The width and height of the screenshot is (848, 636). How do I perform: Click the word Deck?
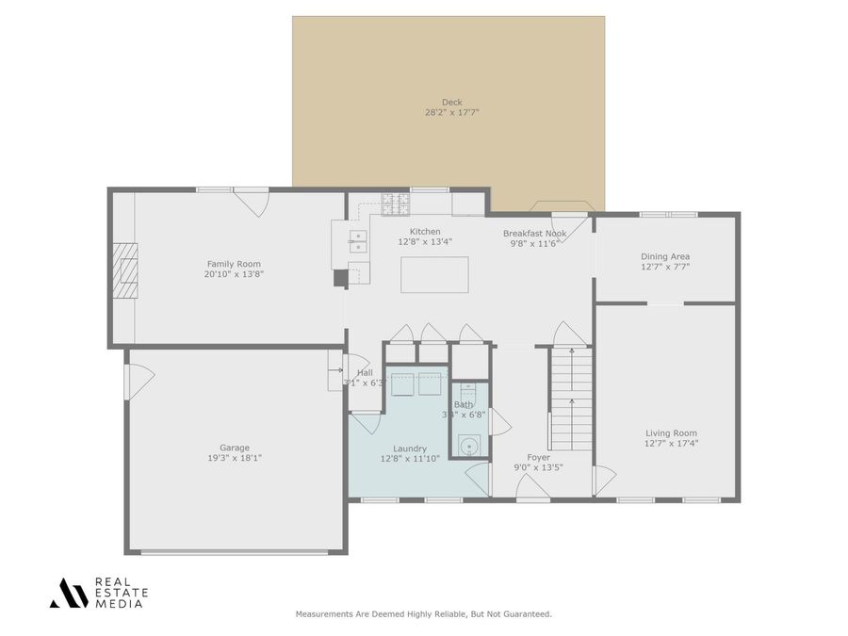(451, 103)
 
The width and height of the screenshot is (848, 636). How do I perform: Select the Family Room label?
(234, 264)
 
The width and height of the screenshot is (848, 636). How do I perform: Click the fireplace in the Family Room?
(126, 270)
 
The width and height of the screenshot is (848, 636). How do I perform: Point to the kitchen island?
(433, 274)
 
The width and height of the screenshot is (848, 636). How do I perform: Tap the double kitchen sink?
(358, 241)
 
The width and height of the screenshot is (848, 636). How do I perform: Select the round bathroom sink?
(468, 446)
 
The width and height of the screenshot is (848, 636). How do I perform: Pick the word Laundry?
(403, 448)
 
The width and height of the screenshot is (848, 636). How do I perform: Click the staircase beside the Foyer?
(571, 398)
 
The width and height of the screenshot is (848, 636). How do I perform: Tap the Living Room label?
(671, 432)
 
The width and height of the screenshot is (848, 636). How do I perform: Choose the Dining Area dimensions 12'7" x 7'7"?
(665, 267)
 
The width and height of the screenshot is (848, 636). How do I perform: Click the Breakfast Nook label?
(534, 233)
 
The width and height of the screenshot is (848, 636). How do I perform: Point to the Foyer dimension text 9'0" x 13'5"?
(538, 467)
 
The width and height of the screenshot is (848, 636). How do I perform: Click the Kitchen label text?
(424, 231)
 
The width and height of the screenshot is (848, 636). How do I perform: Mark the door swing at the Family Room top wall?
(252, 201)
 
